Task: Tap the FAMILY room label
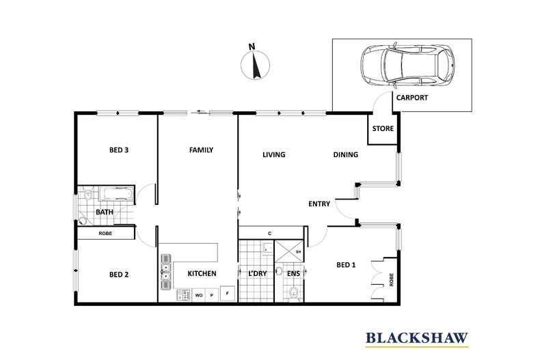pos(202,150)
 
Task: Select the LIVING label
pos(273,154)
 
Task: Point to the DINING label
pos(345,154)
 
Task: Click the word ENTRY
pos(319,204)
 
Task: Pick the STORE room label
pos(382,128)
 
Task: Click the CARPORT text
pos(412,98)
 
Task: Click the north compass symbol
pos(252,65)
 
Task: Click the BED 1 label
pos(346,264)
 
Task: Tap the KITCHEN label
pos(202,274)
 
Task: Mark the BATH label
pos(104,212)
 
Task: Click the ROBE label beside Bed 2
pos(105,234)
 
